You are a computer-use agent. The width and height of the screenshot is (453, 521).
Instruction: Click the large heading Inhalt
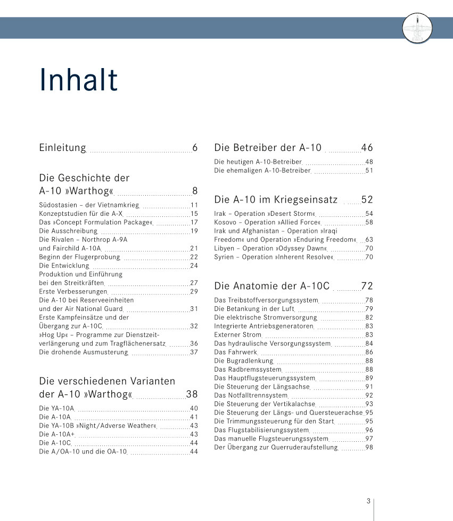78,80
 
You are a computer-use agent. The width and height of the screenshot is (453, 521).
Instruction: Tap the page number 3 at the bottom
368,501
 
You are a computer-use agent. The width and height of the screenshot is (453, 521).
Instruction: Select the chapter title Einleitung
62,148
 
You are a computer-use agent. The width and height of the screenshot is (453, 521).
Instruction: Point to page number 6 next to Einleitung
195,148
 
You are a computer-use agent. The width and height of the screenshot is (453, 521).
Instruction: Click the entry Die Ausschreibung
68,231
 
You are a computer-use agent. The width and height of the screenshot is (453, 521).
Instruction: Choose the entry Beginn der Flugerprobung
80,257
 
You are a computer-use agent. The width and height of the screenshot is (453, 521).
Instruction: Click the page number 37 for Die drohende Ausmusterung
194,352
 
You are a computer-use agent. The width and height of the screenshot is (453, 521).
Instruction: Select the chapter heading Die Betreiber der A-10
268,148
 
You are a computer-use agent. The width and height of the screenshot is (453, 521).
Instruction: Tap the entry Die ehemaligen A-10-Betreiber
262,171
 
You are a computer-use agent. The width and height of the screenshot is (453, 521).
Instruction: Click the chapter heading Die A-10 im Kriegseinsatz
276,200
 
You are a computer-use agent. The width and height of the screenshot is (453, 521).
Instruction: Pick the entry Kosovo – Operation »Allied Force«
267,222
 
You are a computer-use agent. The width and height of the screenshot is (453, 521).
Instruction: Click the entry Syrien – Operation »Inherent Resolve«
274,257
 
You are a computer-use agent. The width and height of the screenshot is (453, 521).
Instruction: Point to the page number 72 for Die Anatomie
367,286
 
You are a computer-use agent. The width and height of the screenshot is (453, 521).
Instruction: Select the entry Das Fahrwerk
235,352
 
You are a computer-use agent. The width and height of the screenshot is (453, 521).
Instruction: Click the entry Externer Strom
238,334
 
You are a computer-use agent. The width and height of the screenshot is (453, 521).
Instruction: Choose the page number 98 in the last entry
369,447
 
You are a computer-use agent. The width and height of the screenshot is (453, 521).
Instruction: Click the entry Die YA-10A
56,408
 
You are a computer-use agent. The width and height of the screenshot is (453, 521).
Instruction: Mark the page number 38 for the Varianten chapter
192,394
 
